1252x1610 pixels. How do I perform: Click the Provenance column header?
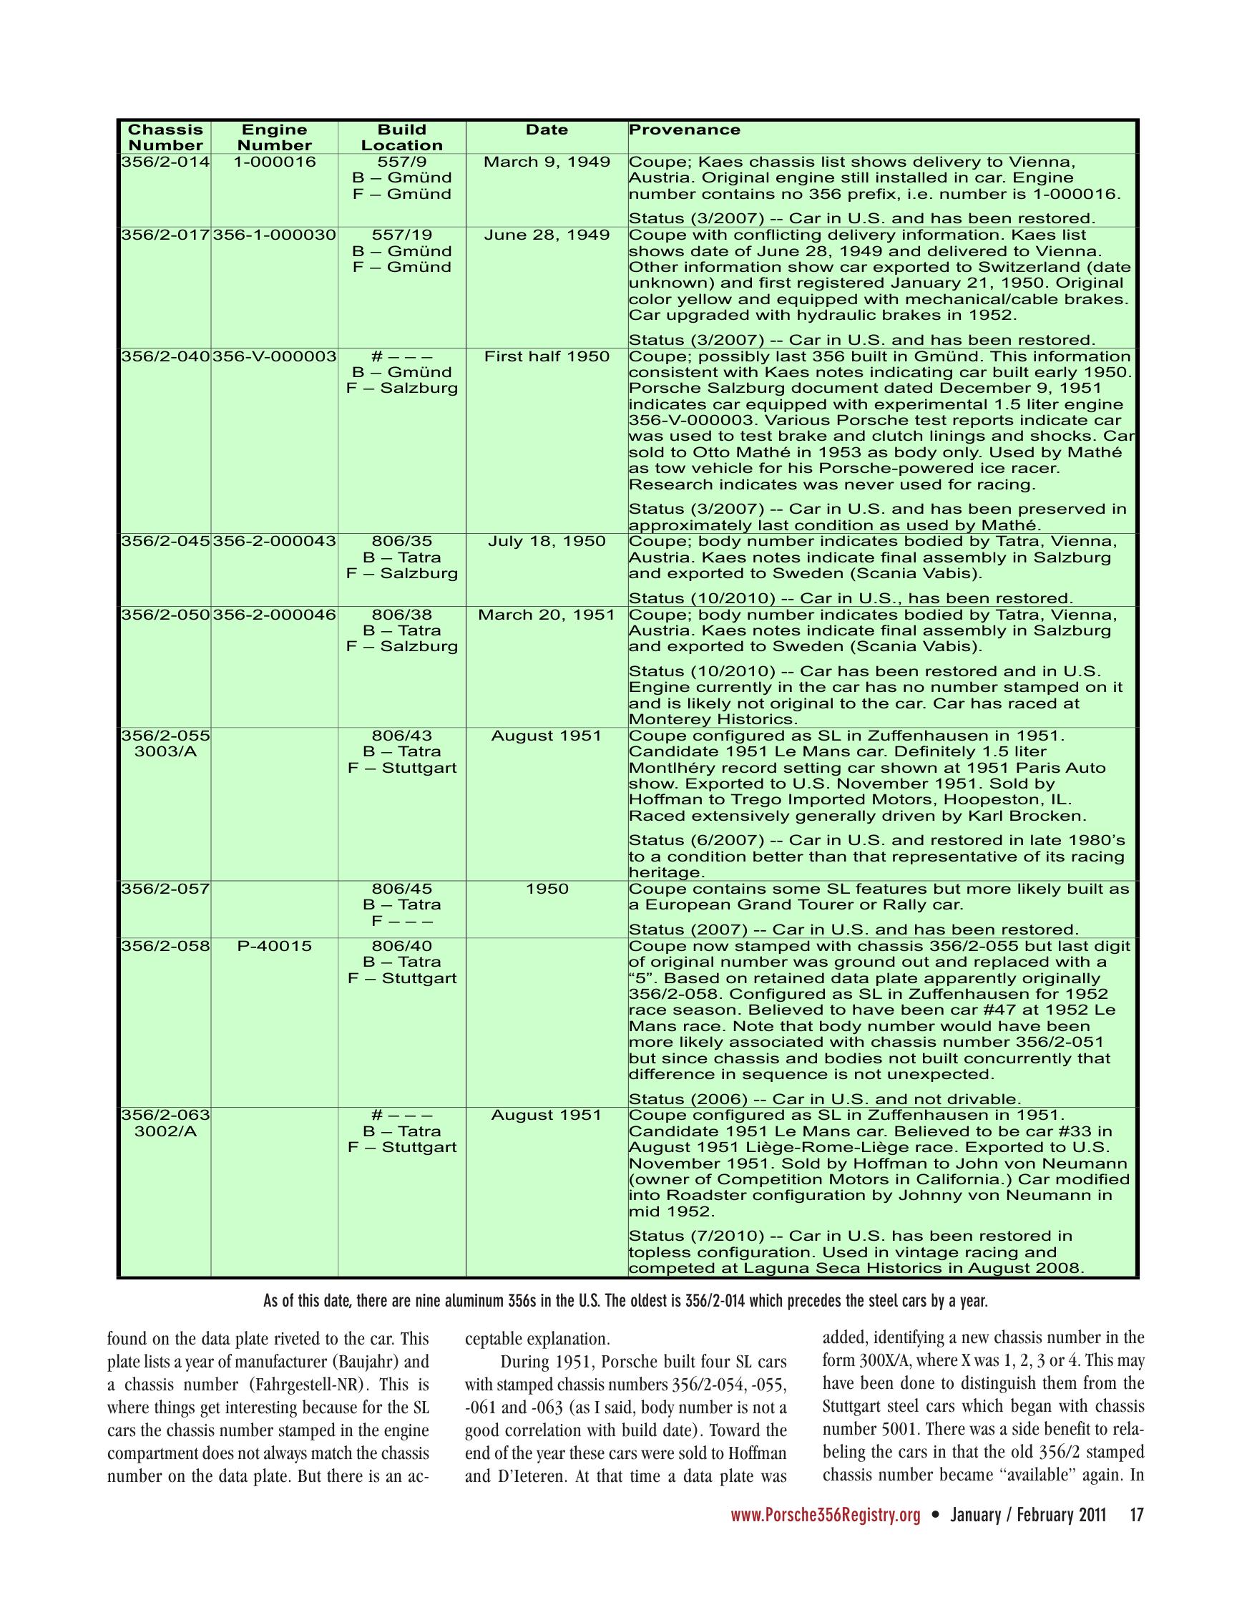(684, 130)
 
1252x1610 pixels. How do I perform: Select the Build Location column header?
(401, 138)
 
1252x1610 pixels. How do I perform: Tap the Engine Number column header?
(274, 138)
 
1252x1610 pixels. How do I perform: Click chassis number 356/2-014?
(165, 162)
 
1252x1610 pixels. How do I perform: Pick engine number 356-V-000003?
(274, 357)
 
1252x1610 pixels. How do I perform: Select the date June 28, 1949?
(547, 235)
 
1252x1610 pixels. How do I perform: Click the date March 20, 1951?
(547, 615)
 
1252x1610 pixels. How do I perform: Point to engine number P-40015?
(274, 946)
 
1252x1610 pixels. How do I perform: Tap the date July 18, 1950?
(547, 542)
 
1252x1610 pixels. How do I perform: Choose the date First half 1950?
(547, 357)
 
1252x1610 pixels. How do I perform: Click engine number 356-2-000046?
(274, 615)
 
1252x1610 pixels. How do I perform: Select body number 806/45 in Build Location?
(401, 889)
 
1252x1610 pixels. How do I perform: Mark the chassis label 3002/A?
(165, 1131)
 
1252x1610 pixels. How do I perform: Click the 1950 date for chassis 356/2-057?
(547, 889)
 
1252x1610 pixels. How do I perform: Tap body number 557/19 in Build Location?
(401, 235)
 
